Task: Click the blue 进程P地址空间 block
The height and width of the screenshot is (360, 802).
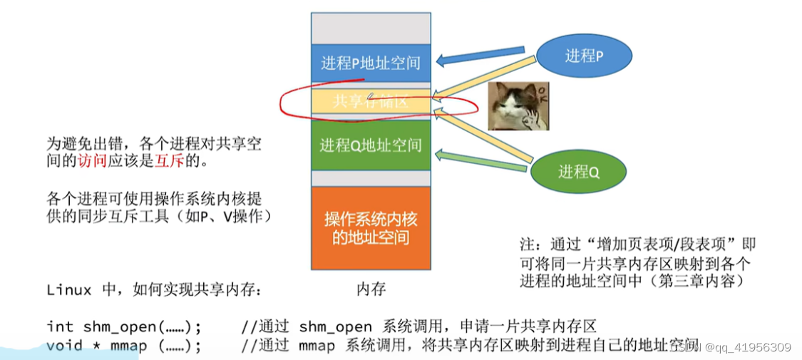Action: [x=371, y=63]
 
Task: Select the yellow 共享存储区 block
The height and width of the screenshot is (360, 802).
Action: [x=371, y=102]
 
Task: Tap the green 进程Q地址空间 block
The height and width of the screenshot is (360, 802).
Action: [x=371, y=145]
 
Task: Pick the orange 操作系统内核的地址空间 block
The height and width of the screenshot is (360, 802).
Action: [x=371, y=227]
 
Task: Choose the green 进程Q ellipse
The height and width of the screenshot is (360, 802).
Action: [x=577, y=171]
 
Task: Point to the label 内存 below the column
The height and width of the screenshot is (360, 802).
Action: [x=371, y=289]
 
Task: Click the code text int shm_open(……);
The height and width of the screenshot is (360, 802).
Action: [x=124, y=327]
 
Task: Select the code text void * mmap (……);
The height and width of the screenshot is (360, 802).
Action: [x=124, y=346]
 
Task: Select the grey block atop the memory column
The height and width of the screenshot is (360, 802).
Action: [x=371, y=29]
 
